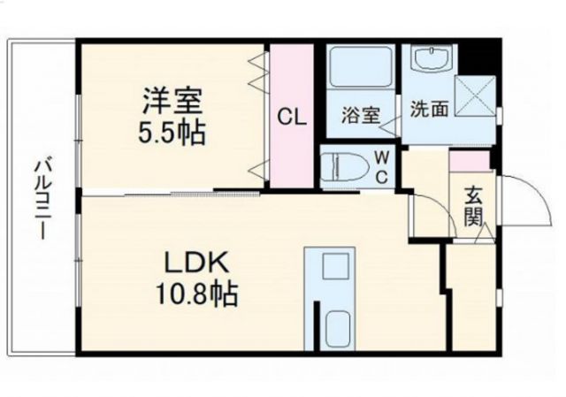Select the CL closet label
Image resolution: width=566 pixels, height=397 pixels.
[x=294, y=117]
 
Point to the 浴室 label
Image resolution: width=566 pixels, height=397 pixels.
[x=361, y=114]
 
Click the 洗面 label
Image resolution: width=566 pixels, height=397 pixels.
[x=429, y=110]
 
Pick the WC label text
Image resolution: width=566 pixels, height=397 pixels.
[x=382, y=166]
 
